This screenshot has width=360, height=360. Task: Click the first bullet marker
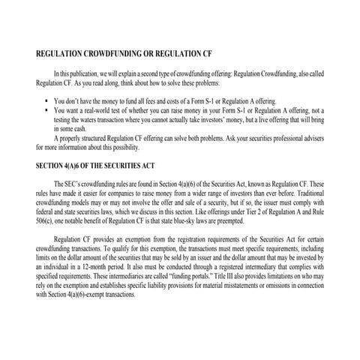tap(47, 100)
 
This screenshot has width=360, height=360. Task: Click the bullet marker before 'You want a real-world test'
tap(47, 110)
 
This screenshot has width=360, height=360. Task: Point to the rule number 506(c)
tap(46, 220)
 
